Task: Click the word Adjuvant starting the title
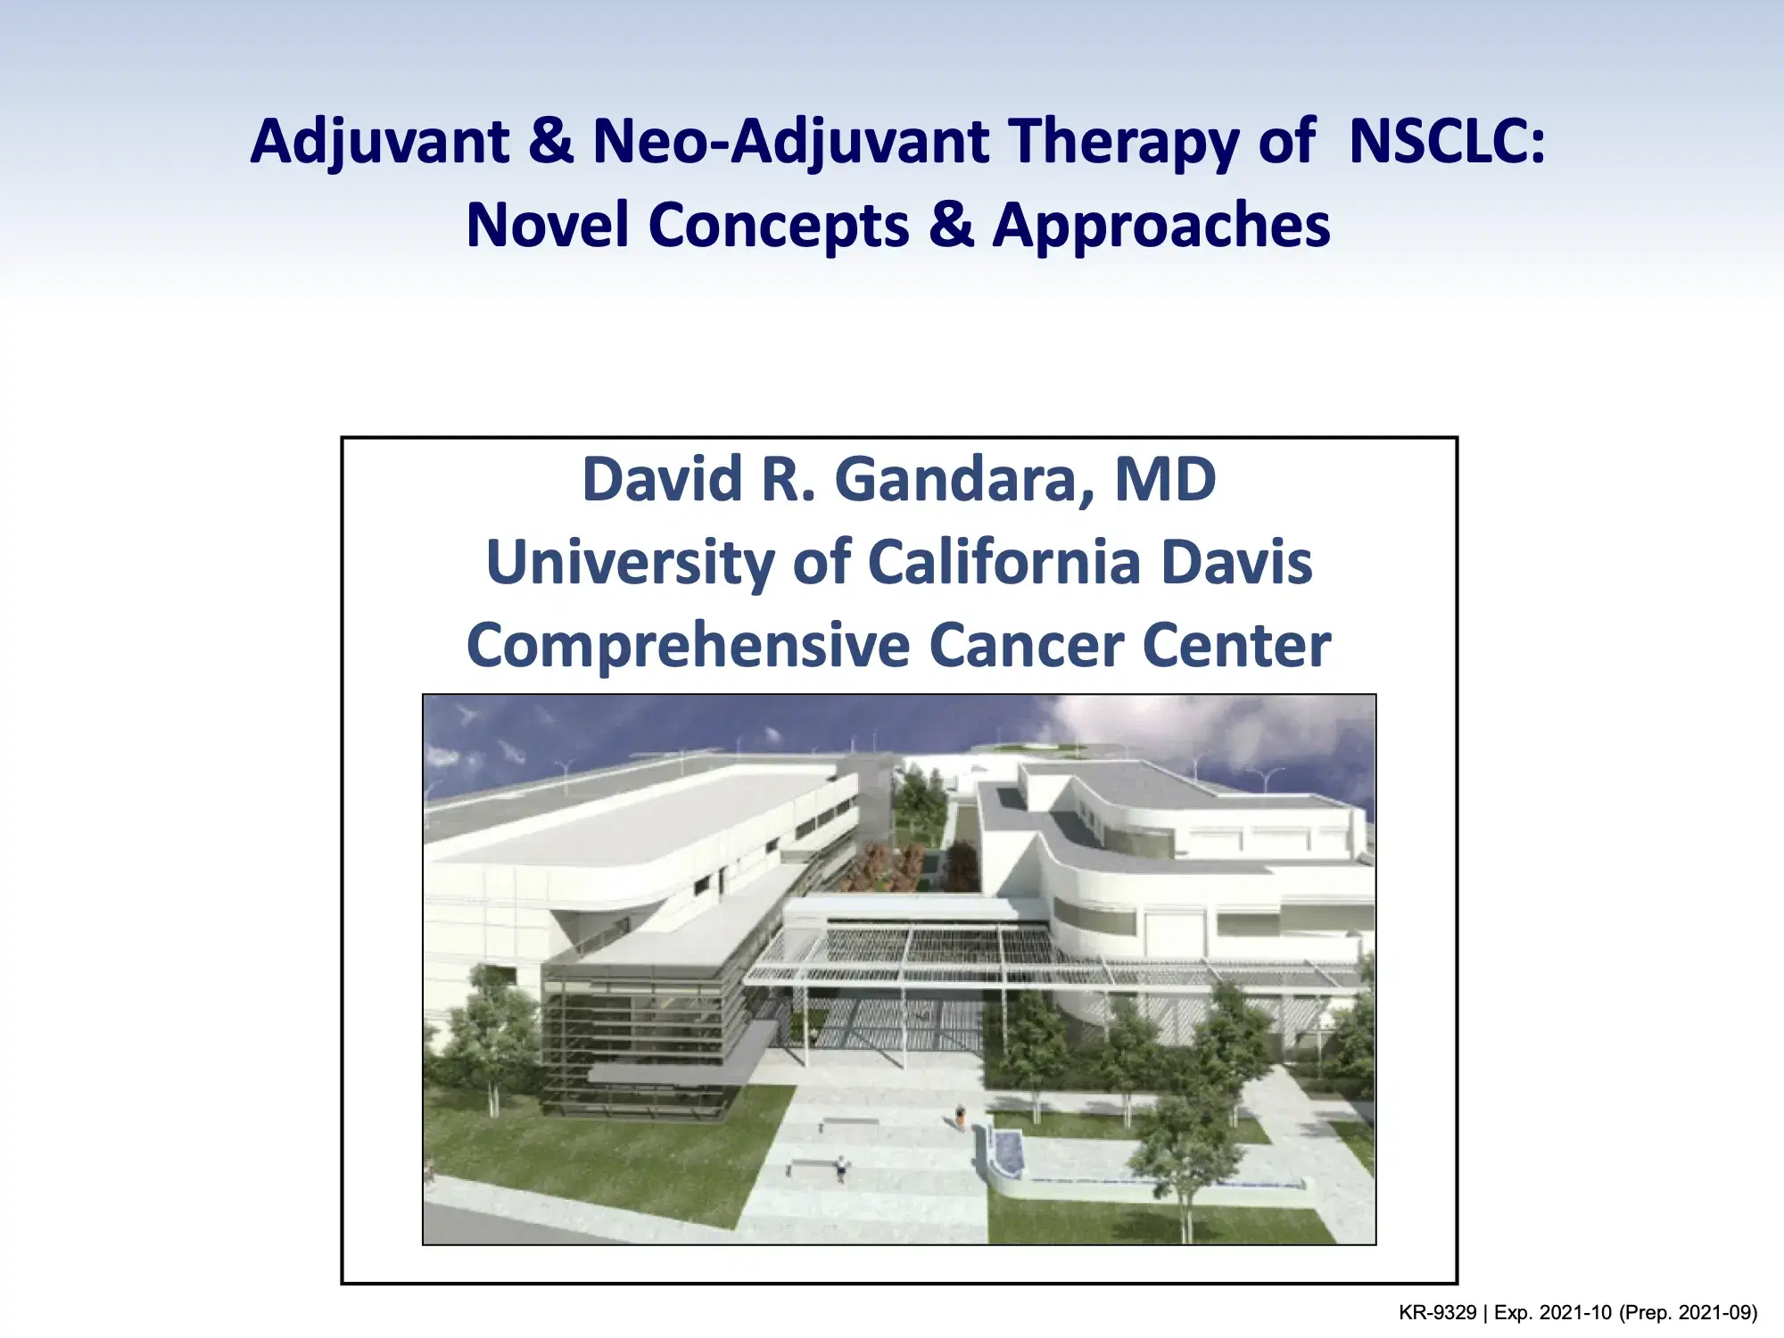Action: click(379, 143)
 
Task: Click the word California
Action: click(1004, 563)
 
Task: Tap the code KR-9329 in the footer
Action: click(1437, 1313)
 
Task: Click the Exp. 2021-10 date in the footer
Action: click(1552, 1313)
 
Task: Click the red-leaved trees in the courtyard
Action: click(892, 865)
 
